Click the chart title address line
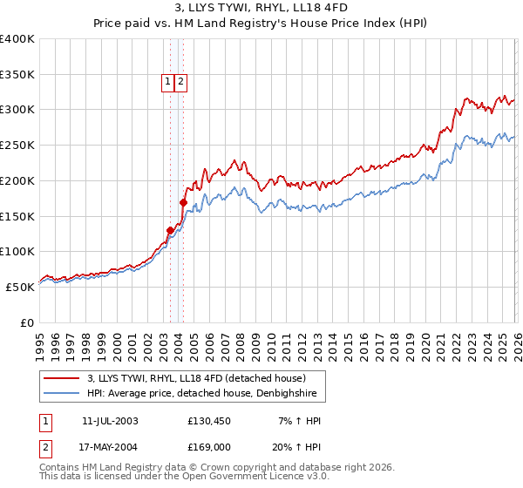261,10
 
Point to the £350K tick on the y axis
17,74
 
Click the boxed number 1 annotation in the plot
166,82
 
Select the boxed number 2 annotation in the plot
180,82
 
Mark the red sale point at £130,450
170,230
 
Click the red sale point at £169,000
183,203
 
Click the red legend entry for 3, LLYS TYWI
196,379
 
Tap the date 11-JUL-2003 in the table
110,421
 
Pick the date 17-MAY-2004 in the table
110,445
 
